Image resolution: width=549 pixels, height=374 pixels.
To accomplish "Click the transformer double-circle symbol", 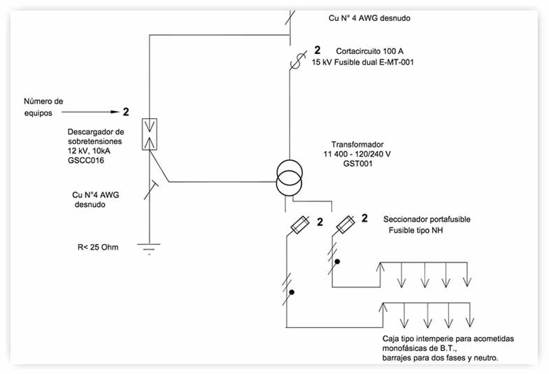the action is [290, 178].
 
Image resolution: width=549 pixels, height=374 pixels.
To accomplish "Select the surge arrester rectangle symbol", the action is [150, 134].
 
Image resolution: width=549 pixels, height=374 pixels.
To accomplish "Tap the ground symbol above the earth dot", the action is [149, 247].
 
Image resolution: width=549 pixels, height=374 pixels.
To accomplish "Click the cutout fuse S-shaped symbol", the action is [297, 61].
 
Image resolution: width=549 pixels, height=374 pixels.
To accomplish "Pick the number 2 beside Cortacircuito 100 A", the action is [318, 50].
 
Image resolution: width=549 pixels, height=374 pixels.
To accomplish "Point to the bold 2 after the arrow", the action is [126, 112].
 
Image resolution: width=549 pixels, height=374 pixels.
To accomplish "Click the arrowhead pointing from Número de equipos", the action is [115, 112].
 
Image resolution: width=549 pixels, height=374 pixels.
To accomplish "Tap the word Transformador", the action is [357, 145].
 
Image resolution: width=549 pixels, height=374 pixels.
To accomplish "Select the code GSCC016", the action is [86, 161].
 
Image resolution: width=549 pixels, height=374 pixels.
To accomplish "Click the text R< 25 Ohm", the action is [98, 247].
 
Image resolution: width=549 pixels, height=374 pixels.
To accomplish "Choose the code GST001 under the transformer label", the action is [358, 164].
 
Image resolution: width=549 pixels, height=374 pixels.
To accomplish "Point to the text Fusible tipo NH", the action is [415, 230].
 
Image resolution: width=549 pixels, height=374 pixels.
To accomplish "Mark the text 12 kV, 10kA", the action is [89, 151].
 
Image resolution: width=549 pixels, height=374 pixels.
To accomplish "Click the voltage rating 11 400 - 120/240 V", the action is [357, 154].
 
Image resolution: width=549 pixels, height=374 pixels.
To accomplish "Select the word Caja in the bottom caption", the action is [390, 338].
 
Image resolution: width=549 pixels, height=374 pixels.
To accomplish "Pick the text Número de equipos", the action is [43, 107].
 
